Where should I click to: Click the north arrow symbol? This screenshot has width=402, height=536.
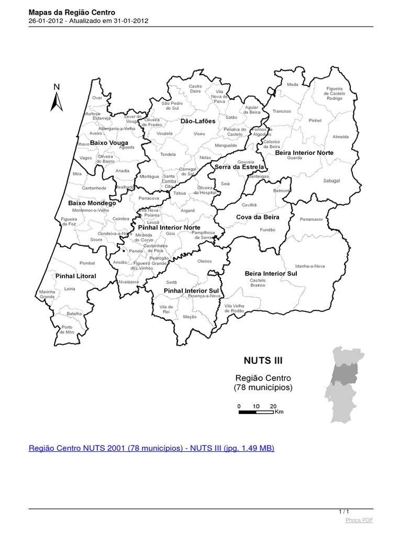point(57,100)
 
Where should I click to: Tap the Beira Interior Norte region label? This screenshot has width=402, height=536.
point(304,152)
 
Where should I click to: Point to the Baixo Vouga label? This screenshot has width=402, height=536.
point(109,142)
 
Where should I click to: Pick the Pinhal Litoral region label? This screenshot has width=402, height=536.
point(76,276)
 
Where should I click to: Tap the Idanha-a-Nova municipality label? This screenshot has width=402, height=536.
point(310,266)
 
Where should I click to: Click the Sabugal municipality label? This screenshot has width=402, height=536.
point(332,181)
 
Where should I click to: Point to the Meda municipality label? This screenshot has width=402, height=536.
point(293,84)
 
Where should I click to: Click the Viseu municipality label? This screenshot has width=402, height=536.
point(199,135)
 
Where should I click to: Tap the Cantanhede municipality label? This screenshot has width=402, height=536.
point(94,188)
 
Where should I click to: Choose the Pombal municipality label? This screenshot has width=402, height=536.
point(87,263)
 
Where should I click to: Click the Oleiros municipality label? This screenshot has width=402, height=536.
point(204,261)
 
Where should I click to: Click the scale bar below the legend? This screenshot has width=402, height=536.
point(256,412)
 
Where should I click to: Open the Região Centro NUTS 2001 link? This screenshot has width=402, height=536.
point(151,449)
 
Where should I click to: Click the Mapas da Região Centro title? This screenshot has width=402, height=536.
point(72,12)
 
